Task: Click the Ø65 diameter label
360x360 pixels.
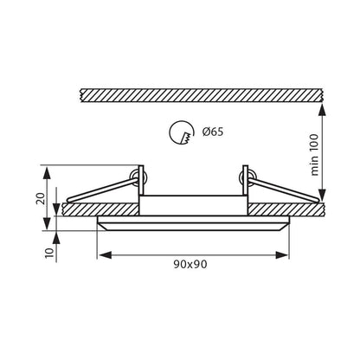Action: coord(213,132)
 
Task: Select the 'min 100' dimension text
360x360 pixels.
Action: coord(315,155)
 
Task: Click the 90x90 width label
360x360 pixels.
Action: coord(190,264)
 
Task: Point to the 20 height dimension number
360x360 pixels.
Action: coord(41,198)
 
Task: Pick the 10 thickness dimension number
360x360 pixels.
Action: coord(50,254)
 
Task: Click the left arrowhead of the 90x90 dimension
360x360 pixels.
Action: coord(105,255)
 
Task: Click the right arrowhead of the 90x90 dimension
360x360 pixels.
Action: coord(282,255)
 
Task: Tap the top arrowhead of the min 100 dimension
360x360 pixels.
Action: coord(322,110)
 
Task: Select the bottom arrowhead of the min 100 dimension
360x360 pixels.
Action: coord(322,196)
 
